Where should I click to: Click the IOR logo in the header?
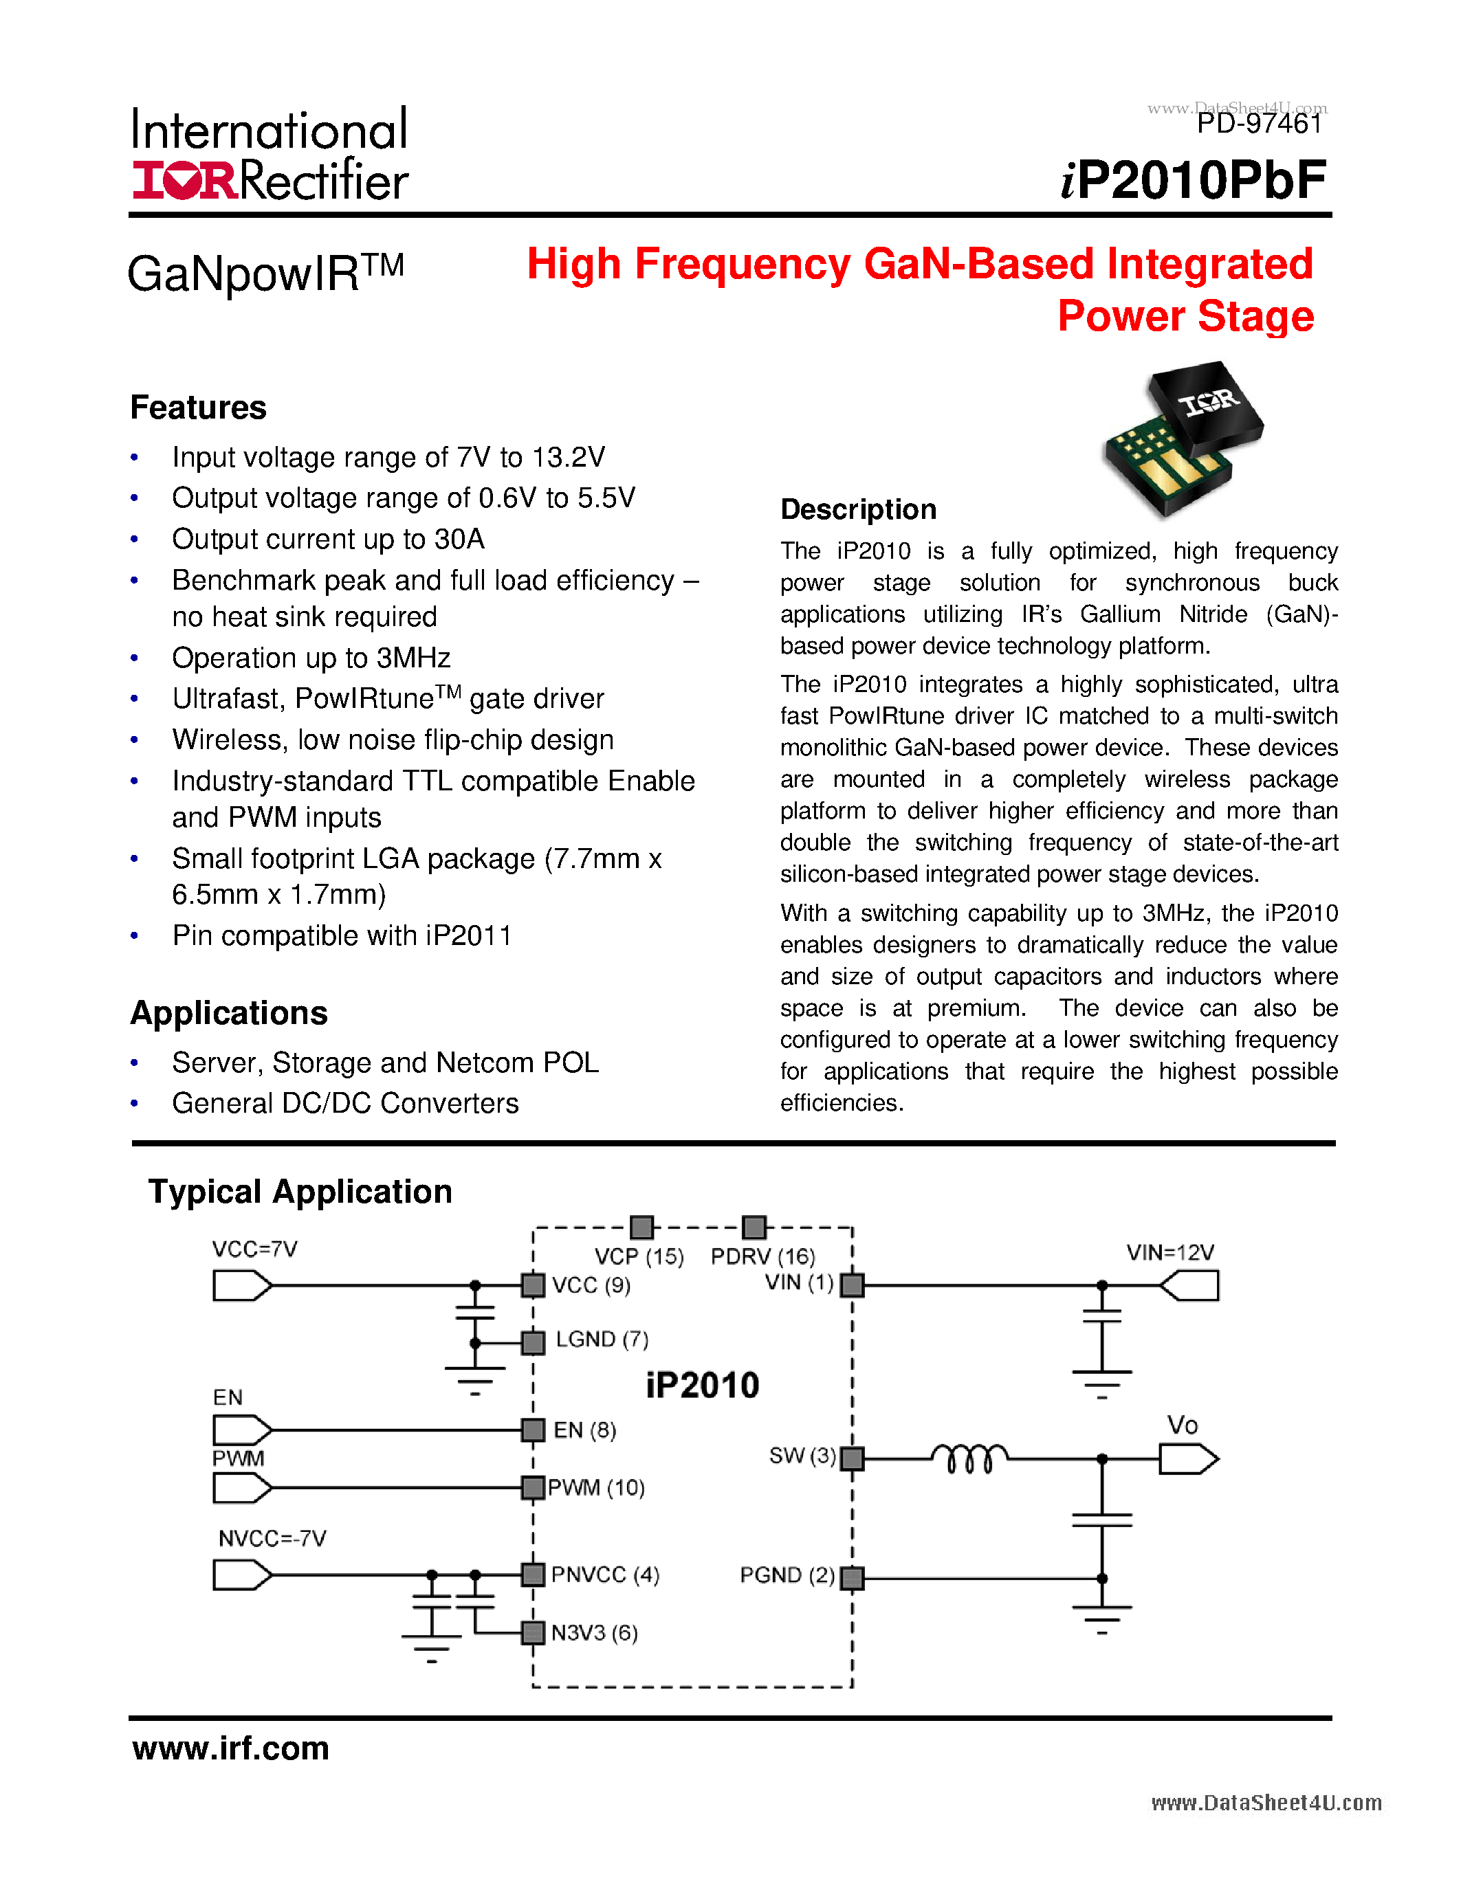(x=184, y=180)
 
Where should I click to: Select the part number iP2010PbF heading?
(x=1194, y=180)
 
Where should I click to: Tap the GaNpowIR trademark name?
(x=265, y=273)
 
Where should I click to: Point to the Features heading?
(x=198, y=408)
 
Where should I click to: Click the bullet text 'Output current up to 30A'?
(x=328, y=539)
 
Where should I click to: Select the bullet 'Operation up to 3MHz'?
(x=311, y=658)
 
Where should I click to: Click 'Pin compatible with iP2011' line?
(x=342, y=935)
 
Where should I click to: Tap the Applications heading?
(x=228, y=1012)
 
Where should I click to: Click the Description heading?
(x=858, y=509)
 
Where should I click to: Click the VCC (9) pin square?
(x=533, y=1285)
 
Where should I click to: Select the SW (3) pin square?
(x=853, y=1459)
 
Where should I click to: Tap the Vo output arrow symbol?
(x=1188, y=1460)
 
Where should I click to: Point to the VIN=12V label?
(x=1169, y=1252)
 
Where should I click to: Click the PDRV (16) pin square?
(x=754, y=1227)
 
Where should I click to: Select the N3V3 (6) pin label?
(x=594, y=1633)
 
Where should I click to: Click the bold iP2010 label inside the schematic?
(x=702, y=1386)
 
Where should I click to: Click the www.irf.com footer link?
(x=231, y=1748)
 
